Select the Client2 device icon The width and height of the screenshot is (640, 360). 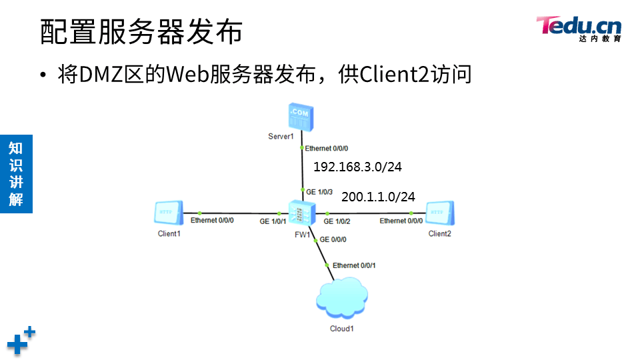[439, 213]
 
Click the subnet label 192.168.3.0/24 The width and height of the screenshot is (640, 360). [357, 167]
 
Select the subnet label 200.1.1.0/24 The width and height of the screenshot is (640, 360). [378, 197]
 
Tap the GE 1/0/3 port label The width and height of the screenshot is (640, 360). [319, 191]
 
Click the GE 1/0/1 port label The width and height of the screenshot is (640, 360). [273, 221]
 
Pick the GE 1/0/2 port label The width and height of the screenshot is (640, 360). [337, 221]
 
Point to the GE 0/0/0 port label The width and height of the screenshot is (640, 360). [333, 239]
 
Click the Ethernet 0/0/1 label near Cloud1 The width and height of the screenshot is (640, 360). [354, 265]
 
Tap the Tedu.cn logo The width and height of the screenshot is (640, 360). [579, 29]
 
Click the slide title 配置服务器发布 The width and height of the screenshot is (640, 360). [141, 32]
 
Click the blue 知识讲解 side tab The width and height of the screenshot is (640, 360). [16, 173]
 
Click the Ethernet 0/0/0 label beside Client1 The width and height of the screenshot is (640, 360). [212, 221]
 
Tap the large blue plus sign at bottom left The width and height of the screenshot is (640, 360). [18, 344]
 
